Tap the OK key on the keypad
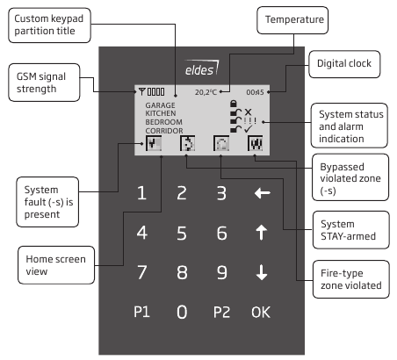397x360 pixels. tap(261, 310)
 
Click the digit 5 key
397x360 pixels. tap(182, 233)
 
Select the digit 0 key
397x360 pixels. tap(182, 310)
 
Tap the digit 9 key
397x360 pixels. tap(221, 271)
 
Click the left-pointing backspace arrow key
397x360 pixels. tap(262, 193)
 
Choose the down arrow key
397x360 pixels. tap(262, 271)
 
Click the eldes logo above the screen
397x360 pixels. tap(201, 68)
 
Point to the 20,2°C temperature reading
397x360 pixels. tap(206, 91)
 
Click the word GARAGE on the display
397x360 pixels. tap(161, 104)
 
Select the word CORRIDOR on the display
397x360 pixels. tap(164, 129)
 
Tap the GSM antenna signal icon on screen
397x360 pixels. tap(140, 91)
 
